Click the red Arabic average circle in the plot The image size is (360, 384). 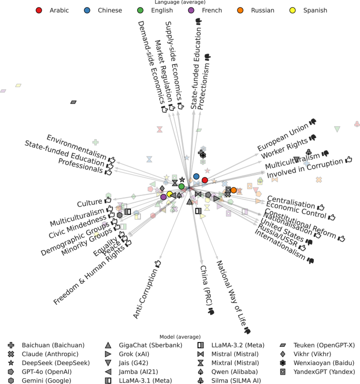(x=205, y=180)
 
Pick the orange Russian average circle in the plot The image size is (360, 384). (x=234, y=190)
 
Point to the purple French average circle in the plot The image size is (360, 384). (x=163, y=197)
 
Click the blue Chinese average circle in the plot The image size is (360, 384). (x=197, y=177)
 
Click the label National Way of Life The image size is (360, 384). (x=230, y=296)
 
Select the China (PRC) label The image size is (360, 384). (x=207, y=289)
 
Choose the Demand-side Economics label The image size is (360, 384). (x=152, y=66)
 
